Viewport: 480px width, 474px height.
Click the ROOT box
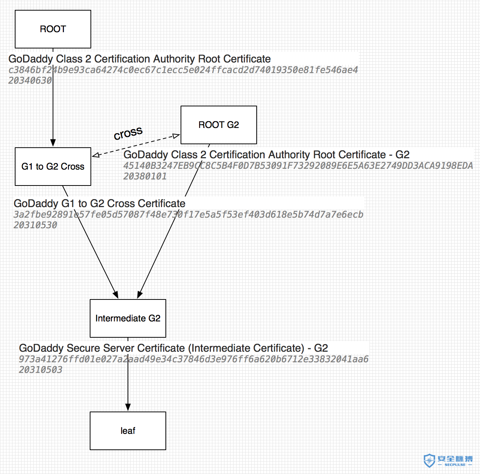tap(53, 29)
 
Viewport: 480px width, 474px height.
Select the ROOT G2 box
tap(219, 125)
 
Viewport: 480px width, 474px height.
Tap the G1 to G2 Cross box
tap(53, 167)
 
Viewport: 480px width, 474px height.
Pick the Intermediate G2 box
tap(128, 318)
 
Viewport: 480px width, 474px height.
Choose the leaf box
tap(128, 430)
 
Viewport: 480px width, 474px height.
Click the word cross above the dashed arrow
tap(128, 133)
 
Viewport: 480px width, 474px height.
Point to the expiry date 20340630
tap(30, 81)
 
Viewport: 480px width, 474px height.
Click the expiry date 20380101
tap(145, 176)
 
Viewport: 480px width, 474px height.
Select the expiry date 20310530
tap(35, 225)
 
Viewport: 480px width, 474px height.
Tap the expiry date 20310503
tap(41, 370)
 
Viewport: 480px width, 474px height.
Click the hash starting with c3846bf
tap(183, 70)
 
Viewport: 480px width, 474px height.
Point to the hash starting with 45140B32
tap(298, 165)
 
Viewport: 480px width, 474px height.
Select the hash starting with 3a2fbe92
tap(188, 214)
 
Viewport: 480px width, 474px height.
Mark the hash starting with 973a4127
tap(193, 359)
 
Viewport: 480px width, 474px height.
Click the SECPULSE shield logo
tap(429, 460)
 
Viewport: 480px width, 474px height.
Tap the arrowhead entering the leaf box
tap(128, 408)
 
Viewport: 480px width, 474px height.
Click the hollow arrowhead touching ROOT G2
tap(176, 136)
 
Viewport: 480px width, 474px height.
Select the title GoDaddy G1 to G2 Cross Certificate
tap(100, 203)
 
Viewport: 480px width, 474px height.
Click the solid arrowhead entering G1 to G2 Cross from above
tap(53, 143)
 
